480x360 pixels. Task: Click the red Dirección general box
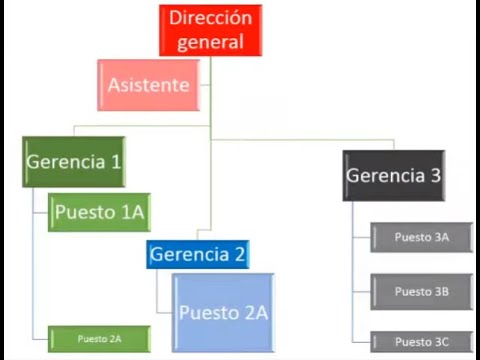pyautogui.click(x=210, y=30)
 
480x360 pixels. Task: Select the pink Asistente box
pyautogui.click(x=149, y=85)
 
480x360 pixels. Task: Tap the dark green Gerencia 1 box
pyautogui.click(x=74, y=162)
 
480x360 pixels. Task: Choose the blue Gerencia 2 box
pyautogui.click(x=198, y=254)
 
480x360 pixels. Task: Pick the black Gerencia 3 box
pyautogui.click(x=394, y=176)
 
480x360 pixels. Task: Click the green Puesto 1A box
pyautogui.click(x=99, y=212)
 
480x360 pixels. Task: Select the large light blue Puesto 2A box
pyautogui.click(x=223, y=313)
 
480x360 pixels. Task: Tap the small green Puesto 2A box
pyautogui.click(x=99, y=339)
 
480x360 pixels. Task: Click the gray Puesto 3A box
pyautogui.click(x=422, y=237)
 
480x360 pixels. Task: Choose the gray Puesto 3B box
pyautogui.click(x=422, y=292)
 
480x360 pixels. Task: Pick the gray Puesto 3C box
pyautogui.click(x=422, y=342)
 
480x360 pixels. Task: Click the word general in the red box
pyautogui.click(x=210, y=43)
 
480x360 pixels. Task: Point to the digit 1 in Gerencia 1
pyautogui.click(x=116, y=162)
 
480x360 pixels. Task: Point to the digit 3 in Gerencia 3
pyautogui.click(x=436, y=175)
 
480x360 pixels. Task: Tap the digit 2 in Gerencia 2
pyautogui.click(x=240, y=254)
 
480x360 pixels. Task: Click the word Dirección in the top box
pyautogui.click(x=210, y=18)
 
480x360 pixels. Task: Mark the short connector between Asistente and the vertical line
pyautogui.click(x=205, y=85)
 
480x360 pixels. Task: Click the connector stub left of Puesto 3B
pyautogui.click(x=362, y=292)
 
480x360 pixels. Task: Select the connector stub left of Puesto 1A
pyautogui.click(x=41, y=212)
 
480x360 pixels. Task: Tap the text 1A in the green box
pyautogui.click(x=133, y=212)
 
